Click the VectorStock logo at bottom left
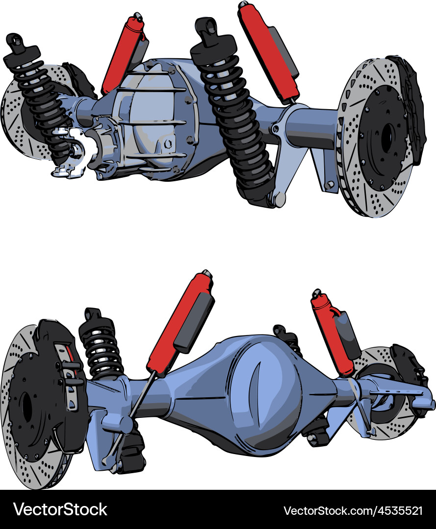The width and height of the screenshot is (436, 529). pos(60,509)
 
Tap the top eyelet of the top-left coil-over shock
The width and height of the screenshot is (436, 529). pos(14,41)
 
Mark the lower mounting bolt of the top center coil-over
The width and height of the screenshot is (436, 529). pos(279,198)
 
